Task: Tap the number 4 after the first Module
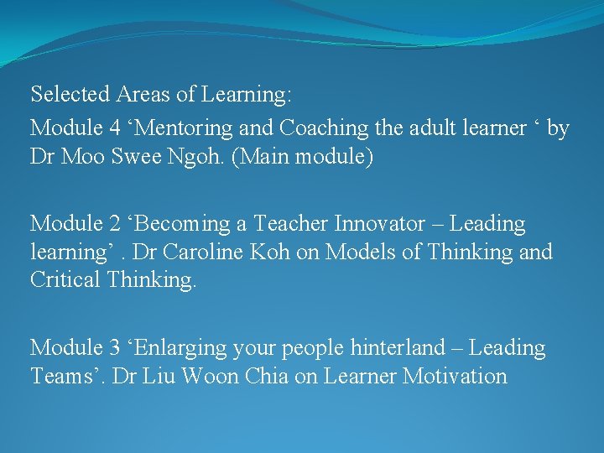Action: (x=115, y=128)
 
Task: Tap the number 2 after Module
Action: (x=115, y=224)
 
